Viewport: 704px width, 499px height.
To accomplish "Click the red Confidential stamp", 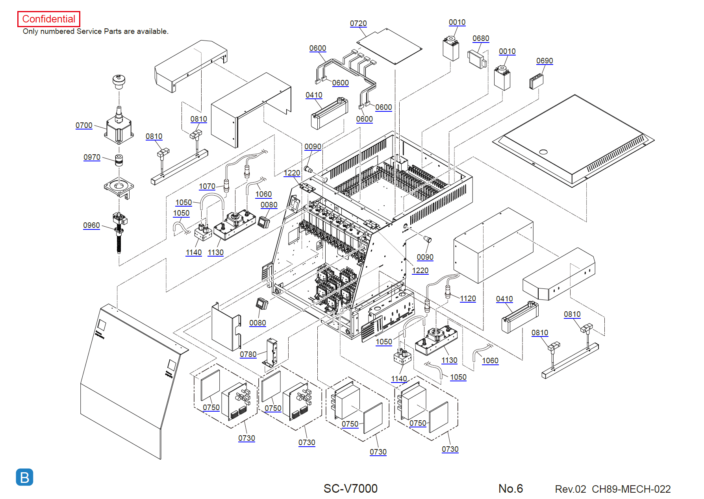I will [49, 19].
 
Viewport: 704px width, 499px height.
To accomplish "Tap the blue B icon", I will [24, 477].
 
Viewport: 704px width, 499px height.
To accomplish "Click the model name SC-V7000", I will [350, 489].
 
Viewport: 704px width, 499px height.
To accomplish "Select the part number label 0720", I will [358, 24].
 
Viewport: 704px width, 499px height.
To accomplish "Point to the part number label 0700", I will [84, 126].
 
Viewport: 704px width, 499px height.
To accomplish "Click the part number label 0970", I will [92, 157].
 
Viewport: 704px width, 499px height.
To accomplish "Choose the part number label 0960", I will [91, 225].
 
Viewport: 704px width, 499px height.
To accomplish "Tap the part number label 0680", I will [481, 39].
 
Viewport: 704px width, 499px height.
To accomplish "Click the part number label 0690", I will [545, 61].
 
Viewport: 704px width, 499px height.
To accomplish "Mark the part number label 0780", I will [248, 355].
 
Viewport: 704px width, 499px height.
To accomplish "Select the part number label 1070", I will [207, 187].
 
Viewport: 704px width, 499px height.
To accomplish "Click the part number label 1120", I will [468, 299].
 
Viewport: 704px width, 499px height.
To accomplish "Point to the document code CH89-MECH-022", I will [631, 489].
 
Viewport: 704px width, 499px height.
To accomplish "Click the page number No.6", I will [511, 489].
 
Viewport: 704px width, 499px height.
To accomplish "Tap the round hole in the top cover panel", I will [543, 152].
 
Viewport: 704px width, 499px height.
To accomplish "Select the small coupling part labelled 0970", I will [119, 160].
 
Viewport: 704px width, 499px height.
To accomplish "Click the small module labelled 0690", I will [536, 81].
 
